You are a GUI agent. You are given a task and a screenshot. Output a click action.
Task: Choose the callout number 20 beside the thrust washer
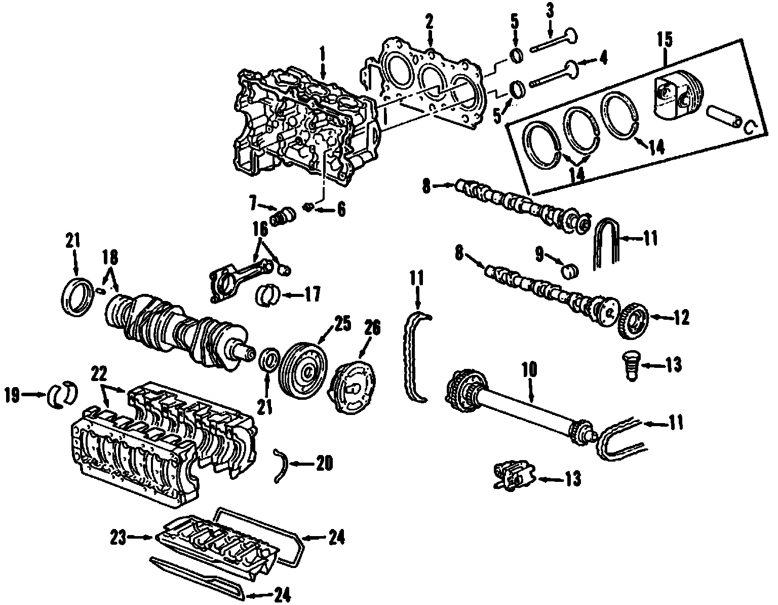[324, 463]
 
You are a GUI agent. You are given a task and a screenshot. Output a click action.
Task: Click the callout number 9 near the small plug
[540, 254]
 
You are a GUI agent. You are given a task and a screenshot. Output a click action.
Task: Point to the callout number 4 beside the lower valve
[602, 59]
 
